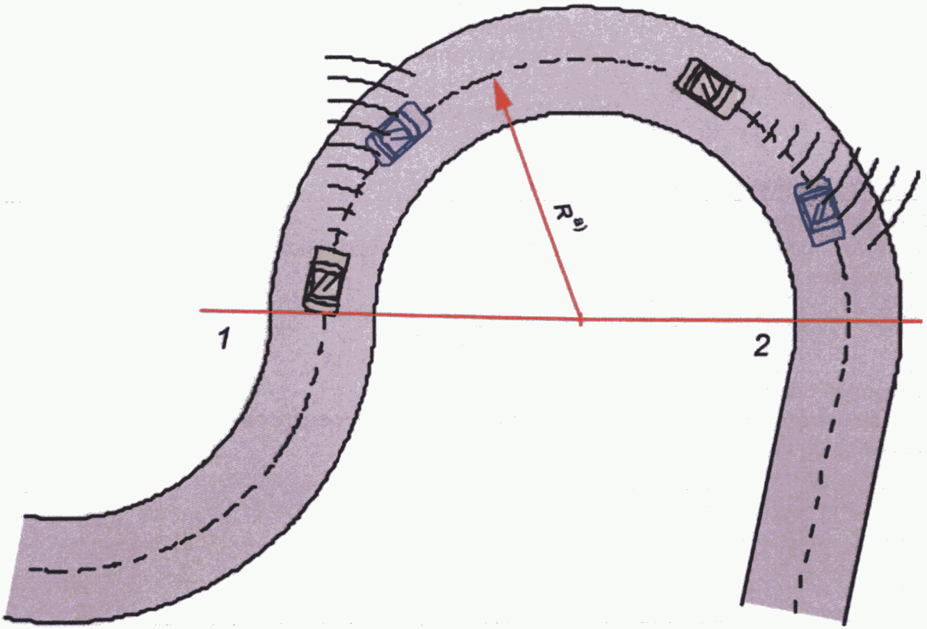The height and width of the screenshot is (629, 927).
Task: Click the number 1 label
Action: pyautogui.click(x=223, y=341)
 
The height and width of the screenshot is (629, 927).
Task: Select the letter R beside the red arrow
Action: pyautogui.click(x=563, y=212)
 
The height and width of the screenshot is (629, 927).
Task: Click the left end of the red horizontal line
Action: pyautogui.click(x=202, y=310)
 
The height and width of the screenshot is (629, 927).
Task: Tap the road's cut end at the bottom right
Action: pyautogui.click(x=796, y=612)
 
